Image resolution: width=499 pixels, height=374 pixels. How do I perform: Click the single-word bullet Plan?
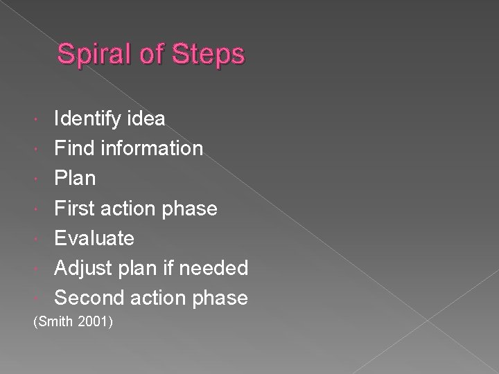pyautogui.click(x=76, y=178)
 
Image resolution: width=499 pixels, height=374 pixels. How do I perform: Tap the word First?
pyautogui.click(x=76, y=208)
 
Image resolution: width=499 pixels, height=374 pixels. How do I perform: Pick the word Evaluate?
pyautogui.click(x=94, y=238)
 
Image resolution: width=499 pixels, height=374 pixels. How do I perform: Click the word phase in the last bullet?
pyautogui.click(x=222, y=298)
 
